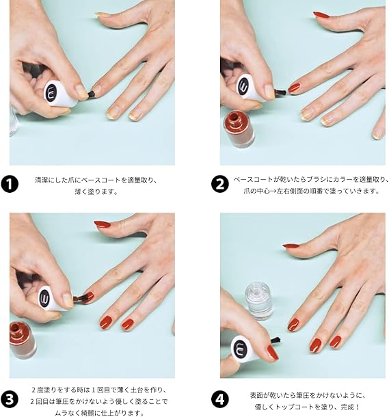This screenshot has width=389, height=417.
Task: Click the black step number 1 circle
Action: coord(10,185)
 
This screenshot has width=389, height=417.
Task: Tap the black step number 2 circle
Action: coord(219,185)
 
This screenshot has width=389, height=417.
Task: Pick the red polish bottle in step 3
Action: coord(23,340)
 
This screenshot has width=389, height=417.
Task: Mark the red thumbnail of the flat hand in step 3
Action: coord(103,224)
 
